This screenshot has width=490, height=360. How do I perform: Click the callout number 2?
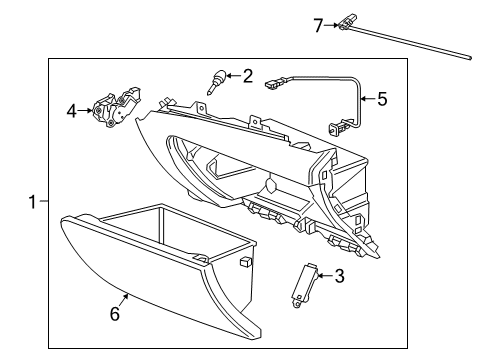click(248, 74)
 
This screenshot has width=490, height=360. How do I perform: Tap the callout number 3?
click(340, 276)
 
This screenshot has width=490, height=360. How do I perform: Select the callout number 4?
click(71, 110)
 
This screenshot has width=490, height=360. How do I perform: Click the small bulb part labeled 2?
click(215, 80)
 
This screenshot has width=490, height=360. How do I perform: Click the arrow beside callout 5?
click(366, 98)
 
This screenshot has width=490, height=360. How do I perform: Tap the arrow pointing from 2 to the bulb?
click(231, 75)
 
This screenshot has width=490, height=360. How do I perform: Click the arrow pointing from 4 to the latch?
click(86, 110)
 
